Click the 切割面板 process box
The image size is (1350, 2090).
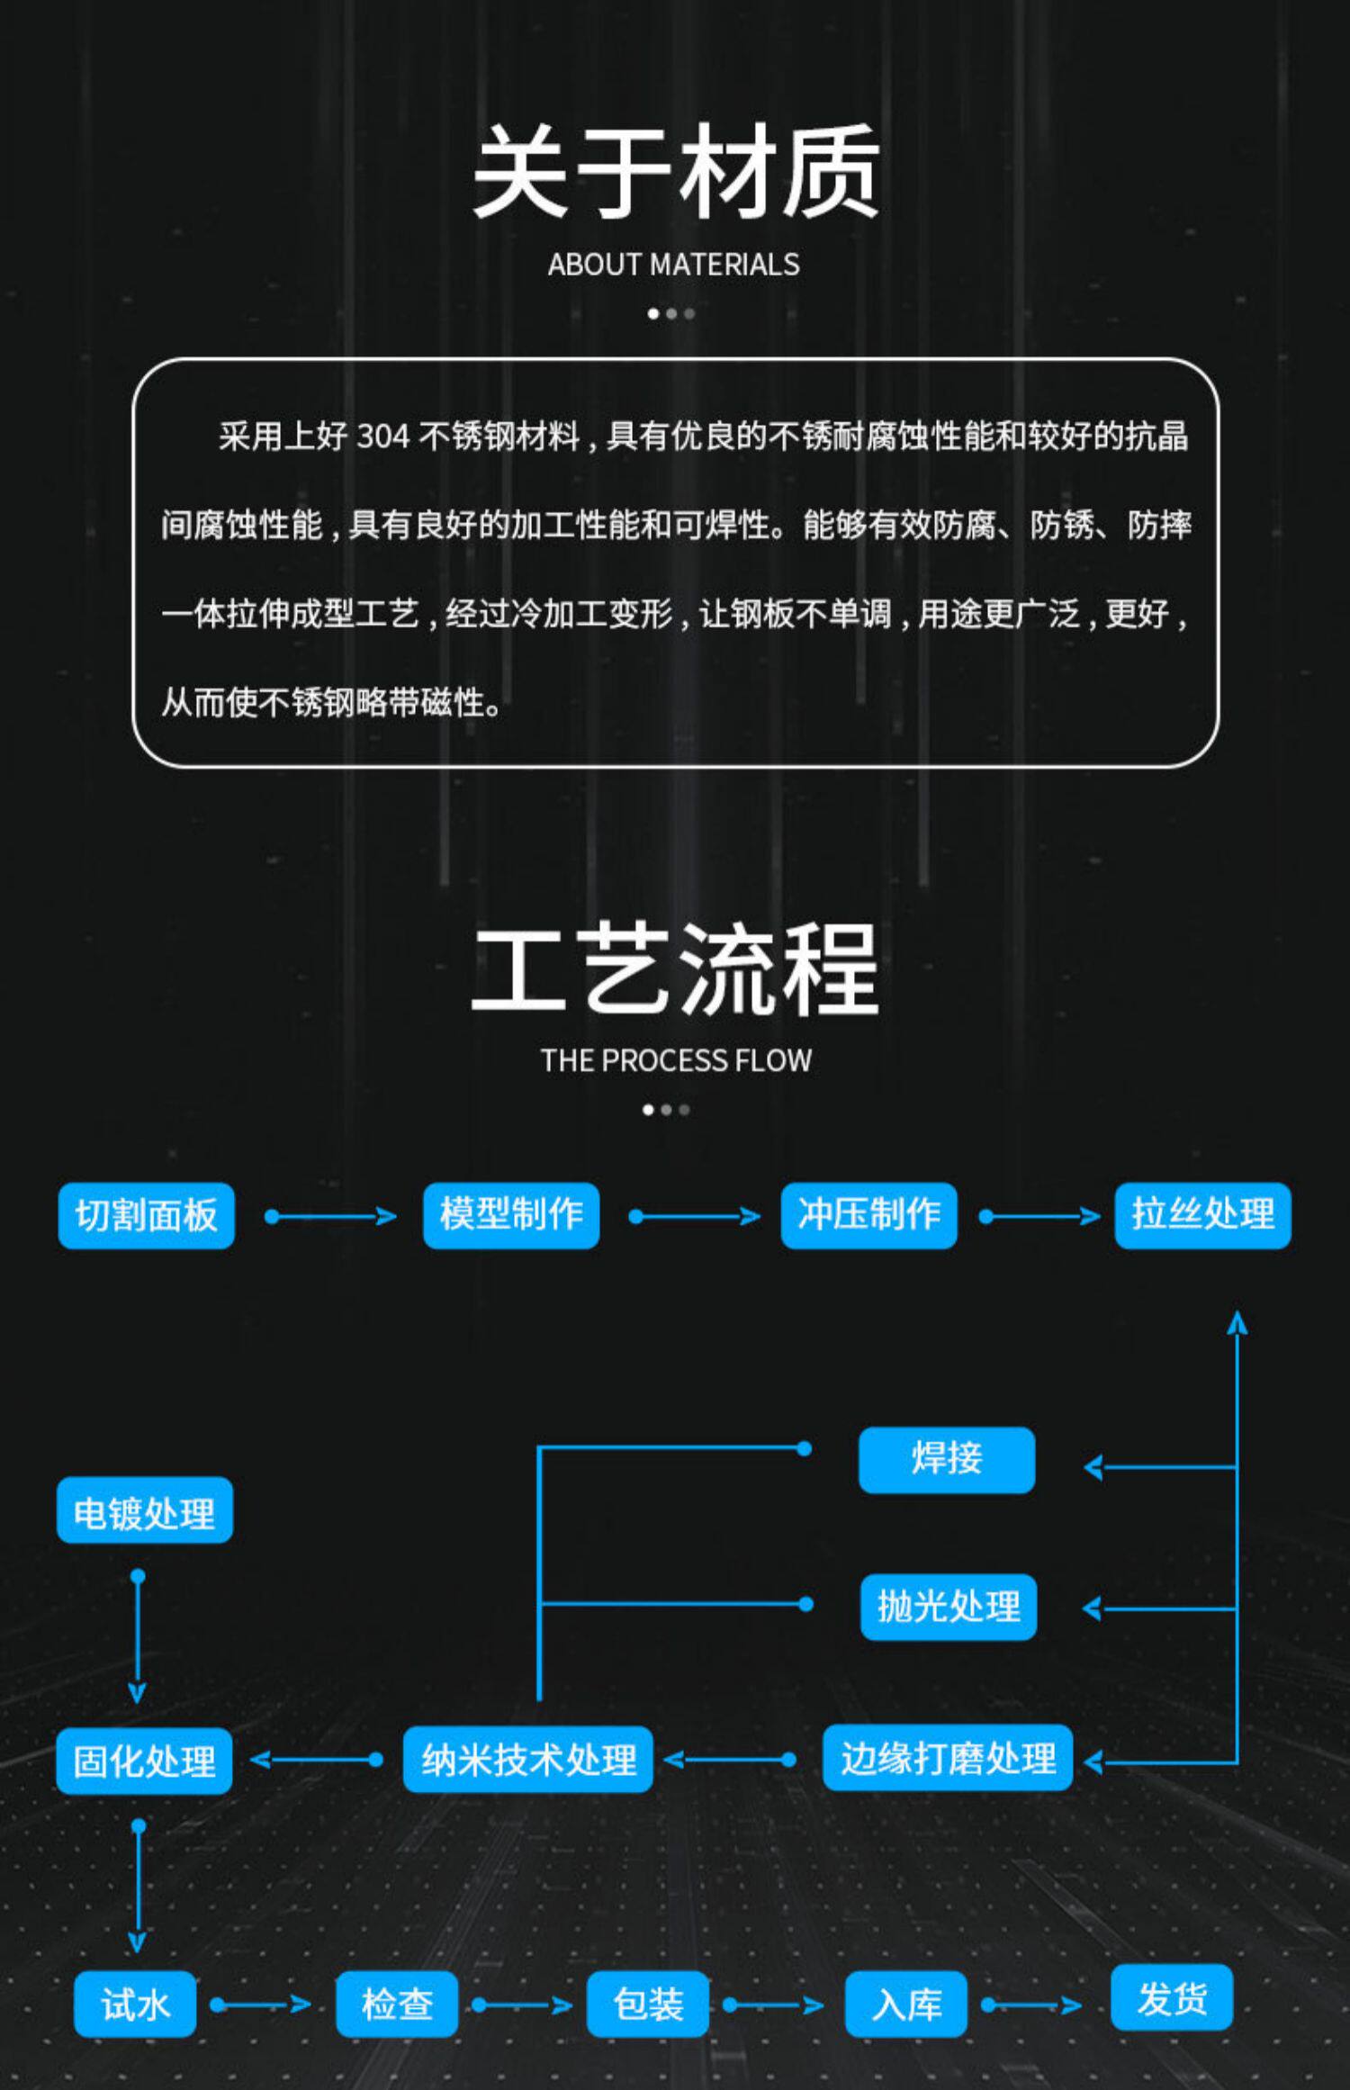pyautogui.click(x=146, y=1216)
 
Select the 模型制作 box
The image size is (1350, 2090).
pyautogui.click(x=511, y=1216)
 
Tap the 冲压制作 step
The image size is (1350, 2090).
pyautogui.click(x=868, y=1216)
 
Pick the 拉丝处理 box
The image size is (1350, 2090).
pyautogui.click(x=1202, y=1216)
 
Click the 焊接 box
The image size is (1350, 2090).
pyautogui.click(x=947, y=1460)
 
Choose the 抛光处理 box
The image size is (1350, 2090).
pyautogui.click(x=949, y=1607)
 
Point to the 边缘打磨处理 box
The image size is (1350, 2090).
pyautogui.click(x=948, y=1758)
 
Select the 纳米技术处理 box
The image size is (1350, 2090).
pyautogui.click(x=528, y=1759)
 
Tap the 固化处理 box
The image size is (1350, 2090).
pyautogui.click(x=144, y=1761)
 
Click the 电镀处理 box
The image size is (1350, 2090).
pyautogui.click(x=144, y=1510)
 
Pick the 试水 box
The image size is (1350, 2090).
pyautogui.click(x=135, y=2004)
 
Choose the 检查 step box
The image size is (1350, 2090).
pyautogui.click(x=397, y=2004)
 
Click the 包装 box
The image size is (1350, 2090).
pyautogui.click(x=648, y=2004)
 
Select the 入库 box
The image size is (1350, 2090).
pyautogui.click(x=906, y=2004)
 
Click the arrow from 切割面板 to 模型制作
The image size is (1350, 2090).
pyautogui.click(x=330, y=1217)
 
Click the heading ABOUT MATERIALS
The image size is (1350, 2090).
pyautogui.click(x=673, y=265)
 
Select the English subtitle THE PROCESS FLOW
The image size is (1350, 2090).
pyautogui.click(x=676, y=1060)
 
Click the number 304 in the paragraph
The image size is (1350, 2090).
pyautogui.click(x=382, y=437)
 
